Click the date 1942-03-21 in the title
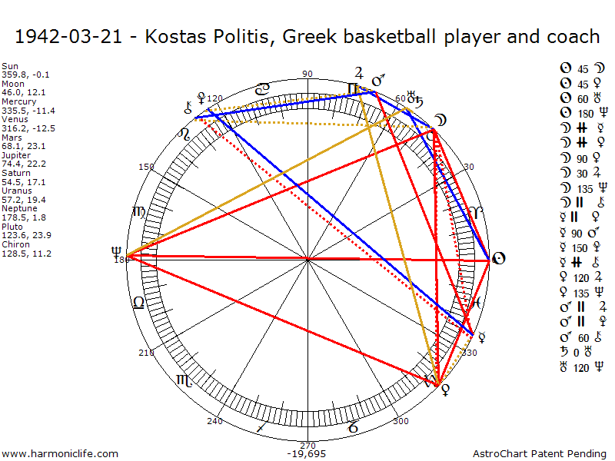coord(68,37)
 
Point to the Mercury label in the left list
coord(18,101)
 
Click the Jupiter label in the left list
coord(16,154)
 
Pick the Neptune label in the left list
coord(18,207)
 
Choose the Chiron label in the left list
coord(15,244)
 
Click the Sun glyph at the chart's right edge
coord(498,258)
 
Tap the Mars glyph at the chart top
coord(378,80)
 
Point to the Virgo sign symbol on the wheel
coord(139,211)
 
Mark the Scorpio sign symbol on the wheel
coord(185,380)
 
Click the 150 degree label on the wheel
coord(146,167)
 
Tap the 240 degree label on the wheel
coord(214,421)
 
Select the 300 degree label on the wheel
coord(401,421)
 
